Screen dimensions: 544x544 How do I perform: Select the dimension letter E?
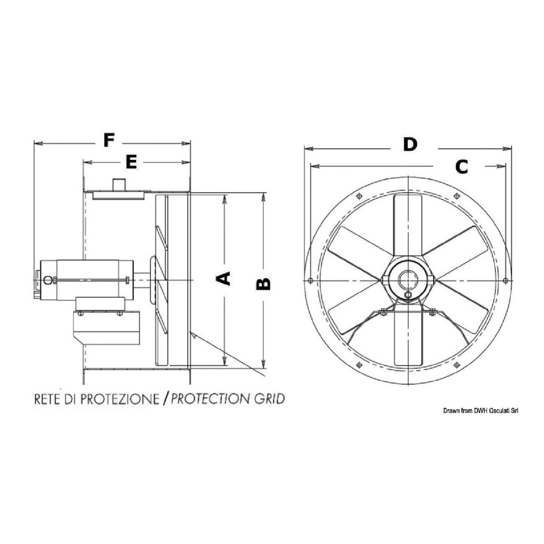point(130,163)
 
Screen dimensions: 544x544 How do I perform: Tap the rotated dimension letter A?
point(223,278)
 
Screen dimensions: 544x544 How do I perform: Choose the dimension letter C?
point(461,167)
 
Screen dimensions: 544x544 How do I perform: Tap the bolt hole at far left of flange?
point(311,281)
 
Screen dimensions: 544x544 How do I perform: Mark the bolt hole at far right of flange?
point(505,281)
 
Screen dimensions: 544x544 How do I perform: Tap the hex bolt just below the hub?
point(408,295)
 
